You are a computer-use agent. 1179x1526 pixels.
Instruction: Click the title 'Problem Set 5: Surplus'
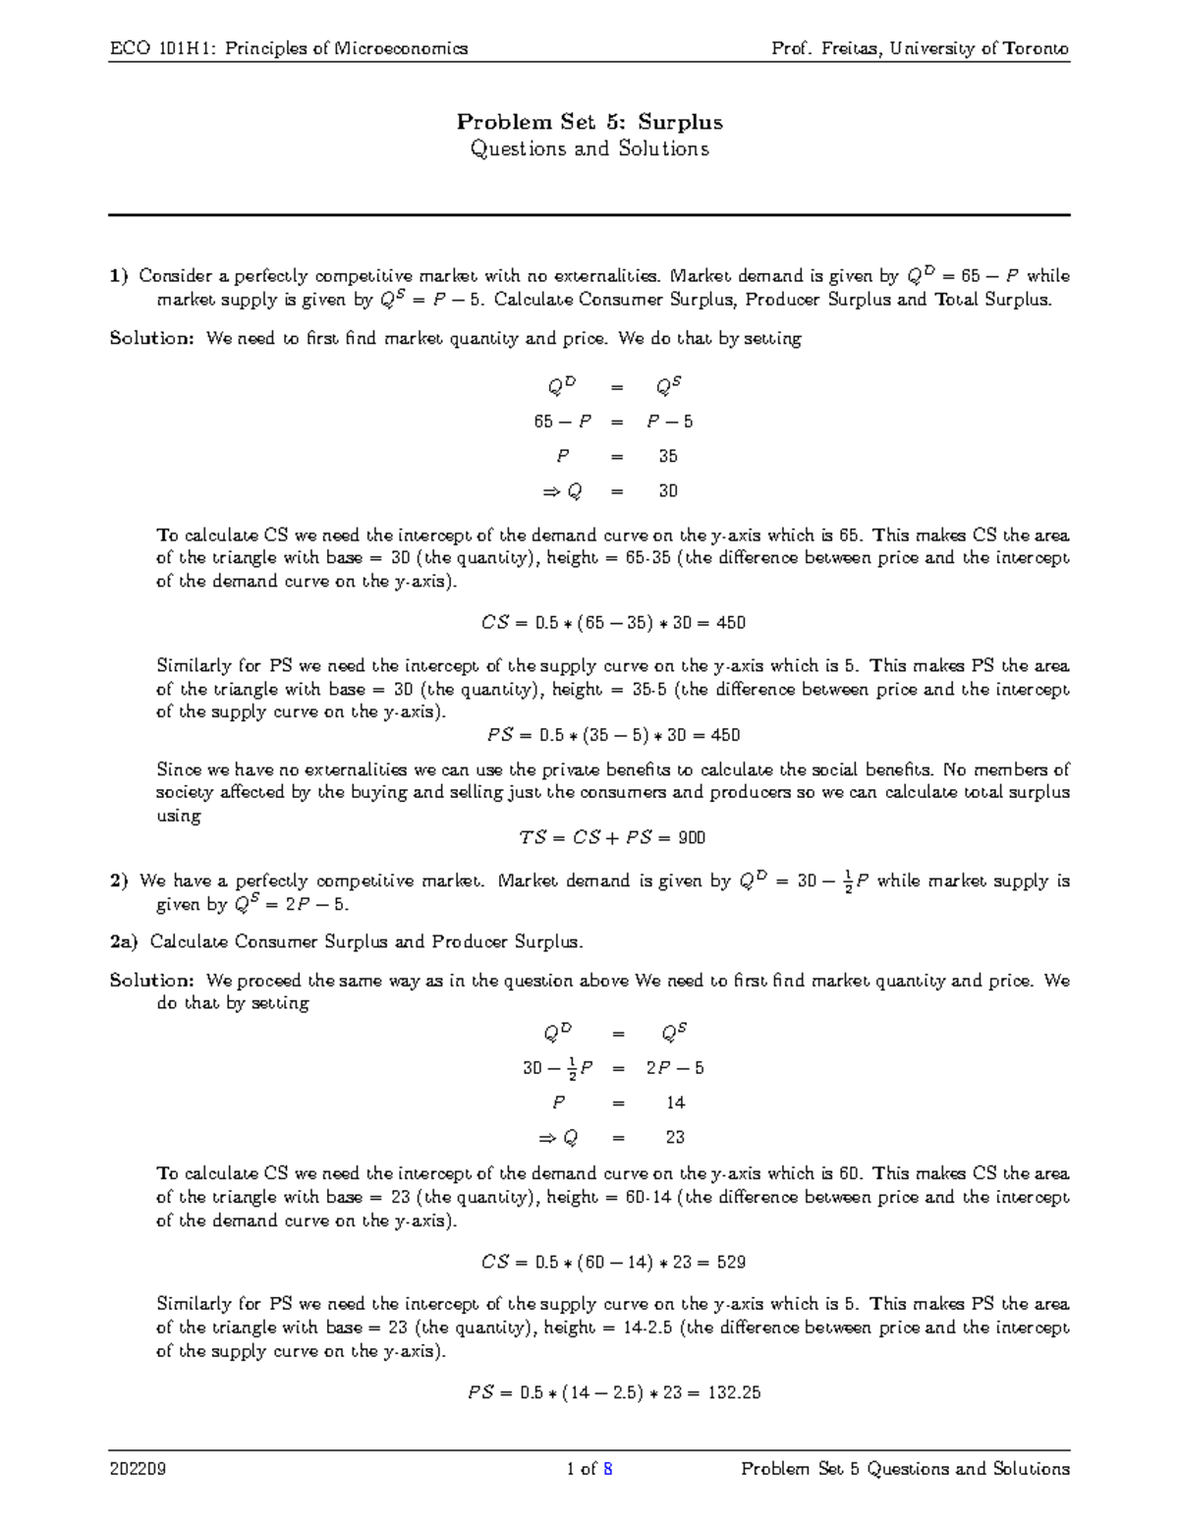tap(589, 122)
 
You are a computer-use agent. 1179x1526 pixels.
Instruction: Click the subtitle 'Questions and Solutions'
tap(589, 149)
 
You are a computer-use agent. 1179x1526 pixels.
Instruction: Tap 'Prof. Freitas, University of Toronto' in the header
tap(921, 48)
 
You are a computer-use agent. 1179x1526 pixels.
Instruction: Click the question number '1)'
tap(119, 276)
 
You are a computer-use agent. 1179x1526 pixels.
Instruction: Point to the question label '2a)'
tap(124, 941)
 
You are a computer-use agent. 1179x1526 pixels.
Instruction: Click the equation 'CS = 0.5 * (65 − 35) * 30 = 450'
tap(613, 623)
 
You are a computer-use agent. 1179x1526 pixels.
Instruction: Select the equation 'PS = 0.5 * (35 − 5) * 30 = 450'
tap(613, 735)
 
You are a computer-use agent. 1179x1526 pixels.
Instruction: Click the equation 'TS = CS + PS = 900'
tap(612, 838)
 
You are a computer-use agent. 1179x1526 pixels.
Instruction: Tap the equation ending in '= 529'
tap(613, 1263)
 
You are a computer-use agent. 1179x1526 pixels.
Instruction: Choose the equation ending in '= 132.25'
tap(613, 1392)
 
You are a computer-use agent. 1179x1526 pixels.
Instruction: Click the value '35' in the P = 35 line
tap(668, 456)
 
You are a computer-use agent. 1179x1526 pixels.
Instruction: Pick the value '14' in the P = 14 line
tap(675, 1102)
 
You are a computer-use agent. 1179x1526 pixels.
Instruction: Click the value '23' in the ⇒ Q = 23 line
tap(675, 1137)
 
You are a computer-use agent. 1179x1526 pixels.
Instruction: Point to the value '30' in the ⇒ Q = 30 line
tap(668, 491)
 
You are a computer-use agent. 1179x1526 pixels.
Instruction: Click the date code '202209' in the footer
tap(138, 1470)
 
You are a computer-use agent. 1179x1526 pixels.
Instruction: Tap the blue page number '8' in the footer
tap(608, 1470)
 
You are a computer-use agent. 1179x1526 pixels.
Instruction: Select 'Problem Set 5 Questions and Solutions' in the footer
tap(905, 1470)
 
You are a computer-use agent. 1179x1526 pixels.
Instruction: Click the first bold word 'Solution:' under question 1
tap(152, 339)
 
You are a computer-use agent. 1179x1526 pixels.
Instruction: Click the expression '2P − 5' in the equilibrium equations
tap(675, 1068)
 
